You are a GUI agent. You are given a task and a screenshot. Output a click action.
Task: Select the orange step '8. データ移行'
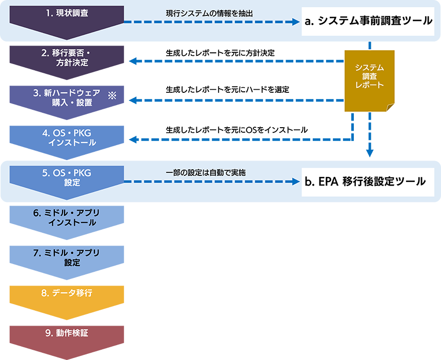click(67, 293)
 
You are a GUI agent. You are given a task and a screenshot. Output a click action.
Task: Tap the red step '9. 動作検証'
click(67, 333)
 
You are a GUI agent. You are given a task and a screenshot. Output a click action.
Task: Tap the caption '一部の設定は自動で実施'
click(206, 173)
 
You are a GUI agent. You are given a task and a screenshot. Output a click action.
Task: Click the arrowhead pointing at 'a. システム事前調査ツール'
click(295, 22)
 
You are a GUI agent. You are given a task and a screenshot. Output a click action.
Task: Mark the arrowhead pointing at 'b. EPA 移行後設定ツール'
click(295, 182)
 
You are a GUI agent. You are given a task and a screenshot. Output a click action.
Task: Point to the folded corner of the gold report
click(390, 107)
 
